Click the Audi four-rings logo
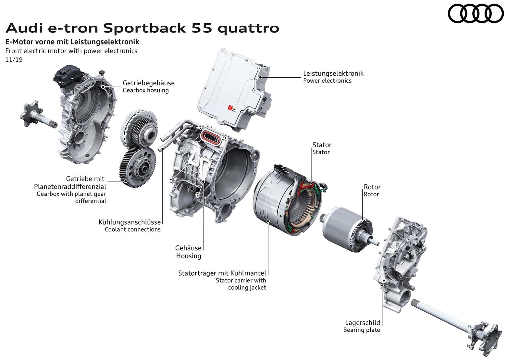[476, 13]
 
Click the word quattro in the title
[248, 28]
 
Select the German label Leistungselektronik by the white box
[333, 73]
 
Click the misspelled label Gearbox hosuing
[145, 90]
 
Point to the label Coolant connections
[132, 229]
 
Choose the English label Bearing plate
[362, 330]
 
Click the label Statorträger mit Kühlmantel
[222, 273]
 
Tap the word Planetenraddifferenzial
[70, 186]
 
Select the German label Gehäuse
[188, 248]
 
